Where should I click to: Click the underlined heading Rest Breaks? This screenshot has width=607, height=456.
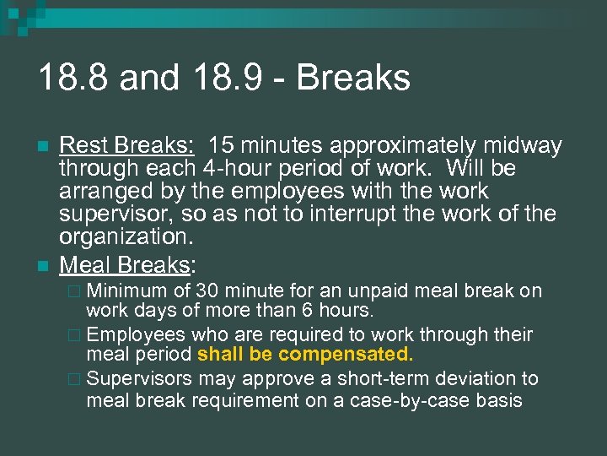click(x=128, y=146)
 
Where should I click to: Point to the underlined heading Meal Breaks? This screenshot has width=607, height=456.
click(x=126, y=264)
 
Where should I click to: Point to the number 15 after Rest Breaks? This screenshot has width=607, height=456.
click(x=223, y=146)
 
